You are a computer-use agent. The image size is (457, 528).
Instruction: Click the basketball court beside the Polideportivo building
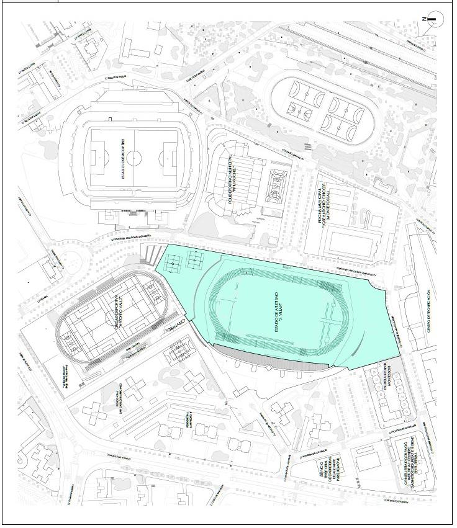273,189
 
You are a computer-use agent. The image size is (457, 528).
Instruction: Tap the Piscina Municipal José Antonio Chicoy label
327,206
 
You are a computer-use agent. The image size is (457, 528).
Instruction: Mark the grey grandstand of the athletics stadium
273,360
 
